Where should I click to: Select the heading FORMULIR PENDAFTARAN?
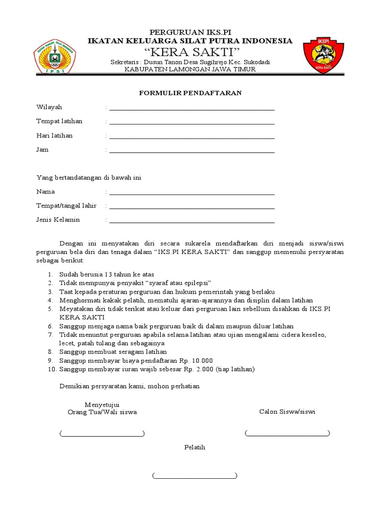(x=190, y=93)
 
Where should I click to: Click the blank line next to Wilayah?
(x=192, y=108)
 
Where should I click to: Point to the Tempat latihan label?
(x=60, y=121)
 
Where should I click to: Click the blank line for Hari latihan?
(x=192, y=136)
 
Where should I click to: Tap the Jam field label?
(x=42, y=149)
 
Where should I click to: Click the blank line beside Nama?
(x=192, y=192)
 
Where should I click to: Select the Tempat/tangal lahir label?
(x=66, y=206)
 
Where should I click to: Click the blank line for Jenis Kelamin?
(x=192, y=221)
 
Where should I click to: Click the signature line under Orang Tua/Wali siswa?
(x=102, y=434)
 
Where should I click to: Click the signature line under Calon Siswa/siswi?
(x=287, y=434)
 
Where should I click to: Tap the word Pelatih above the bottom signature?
(x=194, y=447)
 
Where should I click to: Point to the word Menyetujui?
(x=102, y=404)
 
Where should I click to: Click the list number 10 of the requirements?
(x=52, y=369)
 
